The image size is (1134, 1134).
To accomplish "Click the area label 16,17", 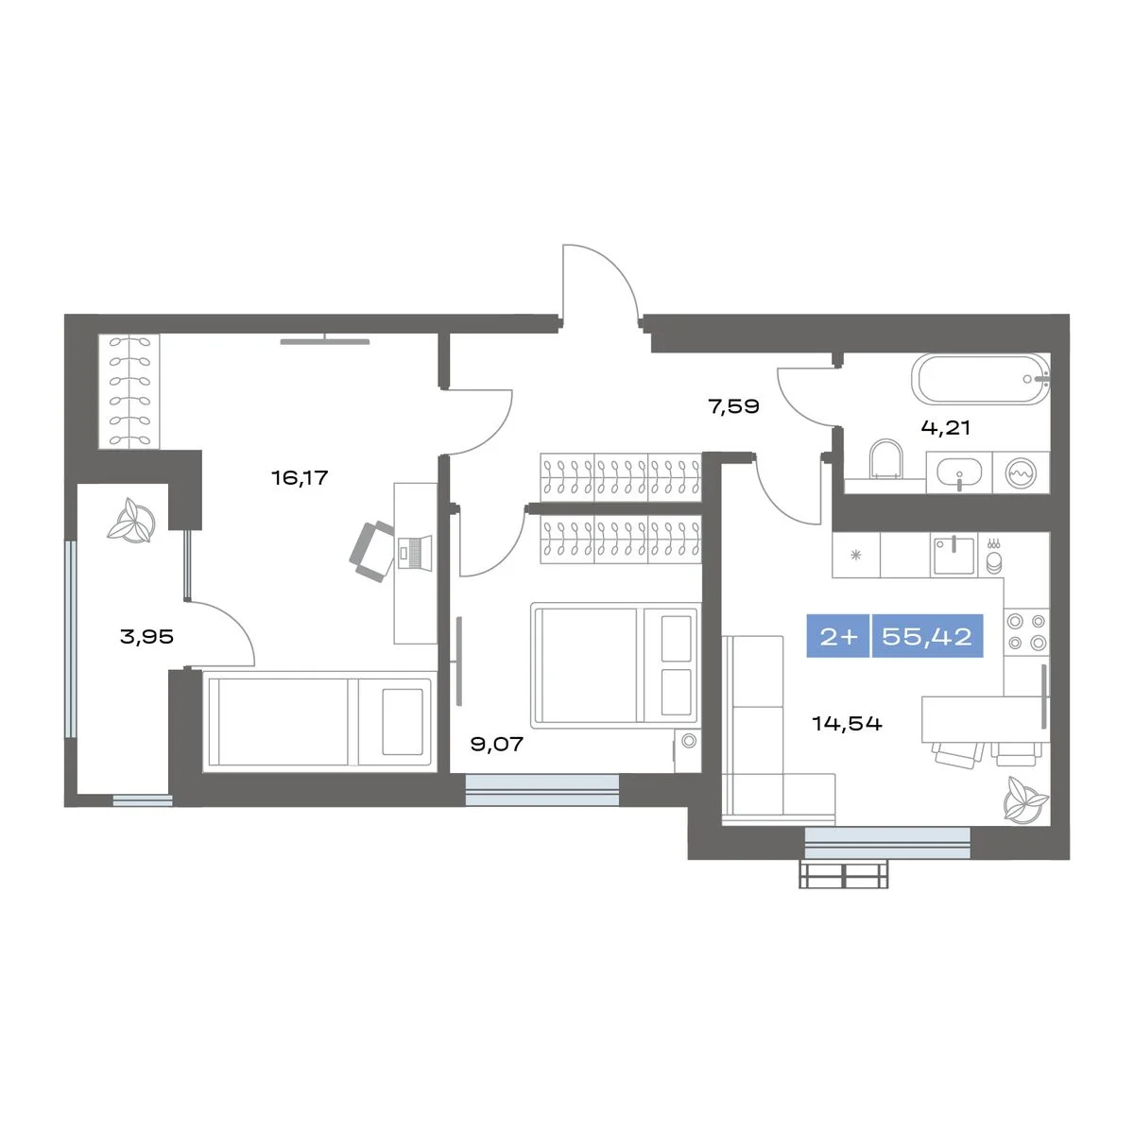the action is click(300, 477).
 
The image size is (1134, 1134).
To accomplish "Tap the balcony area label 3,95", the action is click(146, 636).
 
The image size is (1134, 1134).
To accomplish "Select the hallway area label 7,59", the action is click(734, 406).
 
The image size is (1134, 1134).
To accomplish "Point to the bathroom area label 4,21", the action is click(945, 427).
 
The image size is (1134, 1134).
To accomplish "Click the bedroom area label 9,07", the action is click(497, 744).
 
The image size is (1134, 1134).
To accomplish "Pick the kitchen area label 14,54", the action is click(847, 723).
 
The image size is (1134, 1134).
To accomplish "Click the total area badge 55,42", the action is click(927, 636).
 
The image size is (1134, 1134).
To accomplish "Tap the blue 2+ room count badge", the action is click(838, 636).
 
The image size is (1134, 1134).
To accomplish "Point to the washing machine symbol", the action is click(1021, 472).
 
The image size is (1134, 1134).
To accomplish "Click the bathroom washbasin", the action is click(959, 472).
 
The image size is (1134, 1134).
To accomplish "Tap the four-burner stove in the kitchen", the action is click(1026, 631).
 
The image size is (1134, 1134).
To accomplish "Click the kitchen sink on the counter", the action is click(954, 555).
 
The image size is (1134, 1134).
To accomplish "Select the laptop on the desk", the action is click(414, 552).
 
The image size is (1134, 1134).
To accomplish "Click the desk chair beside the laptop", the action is click(372, 551).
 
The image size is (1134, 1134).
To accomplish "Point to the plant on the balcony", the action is click(132, 521).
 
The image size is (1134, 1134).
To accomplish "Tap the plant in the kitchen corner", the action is click(1024, 799).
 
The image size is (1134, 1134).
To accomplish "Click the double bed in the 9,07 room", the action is click(615, 665).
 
